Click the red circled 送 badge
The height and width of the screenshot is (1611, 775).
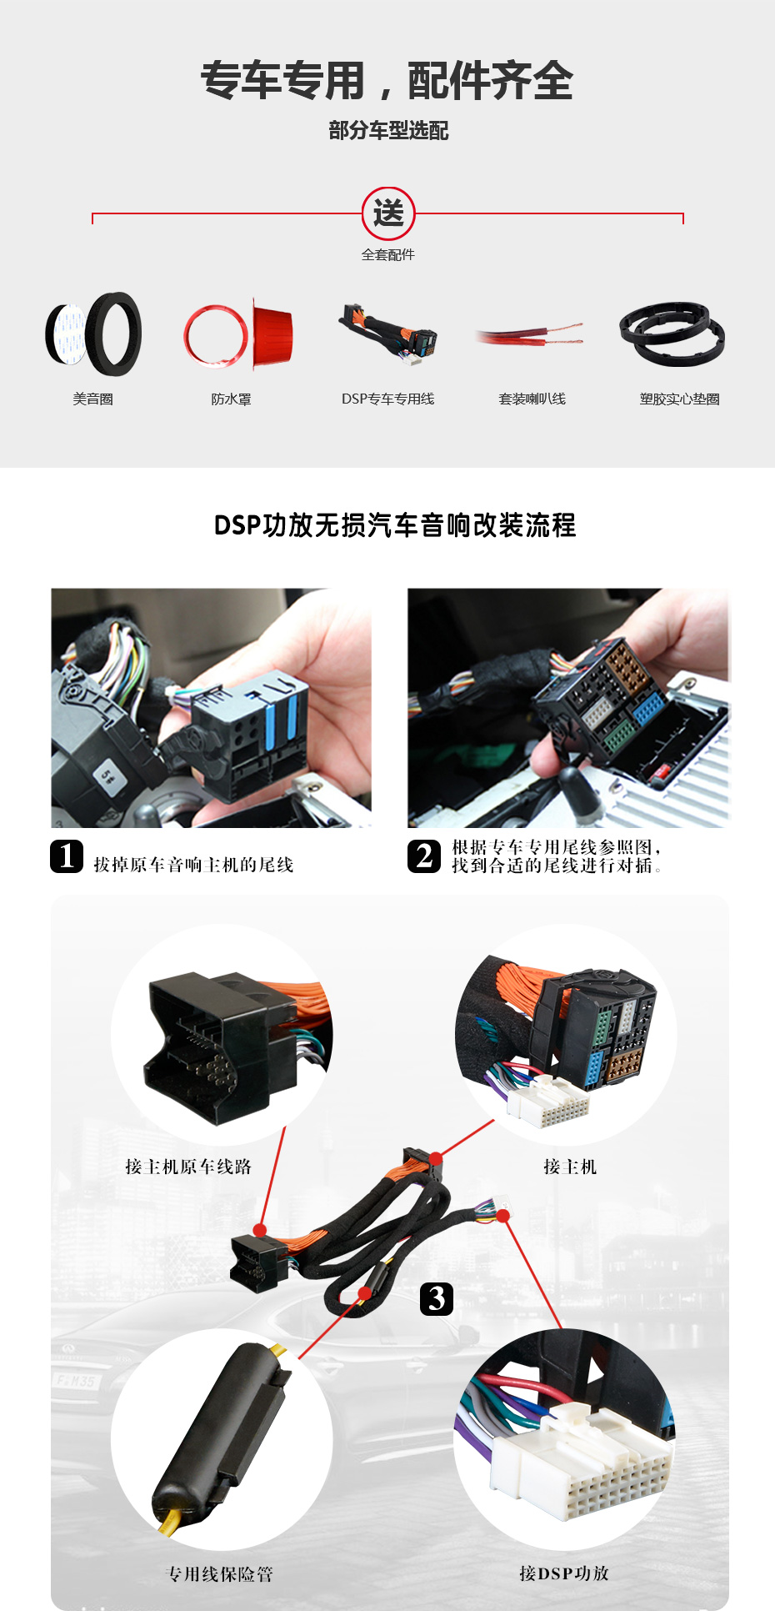pyautogui.click(x=387, y=213)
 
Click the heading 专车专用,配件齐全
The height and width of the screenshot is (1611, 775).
pyautogui.click(x=387, y=81)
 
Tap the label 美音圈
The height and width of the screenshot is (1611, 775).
pyautogui.click(x=92, y=399)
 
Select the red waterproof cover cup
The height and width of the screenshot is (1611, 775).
pyautogui.click(x=272, y=334)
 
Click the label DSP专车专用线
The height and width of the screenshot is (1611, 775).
pyautogui.click(x=387, y=399)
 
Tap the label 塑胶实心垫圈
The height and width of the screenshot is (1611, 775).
pyautogui.click(x=679, y=399)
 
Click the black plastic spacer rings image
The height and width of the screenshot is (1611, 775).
pyautogui.click(x=672, y=334)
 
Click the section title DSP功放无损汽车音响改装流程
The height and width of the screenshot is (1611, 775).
pyautogui.click(x=395, y=525)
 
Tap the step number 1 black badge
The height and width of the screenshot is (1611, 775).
pyautogui.click(x=67, y=856)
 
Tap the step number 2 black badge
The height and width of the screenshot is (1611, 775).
pyautogui.click(x=424, y=856)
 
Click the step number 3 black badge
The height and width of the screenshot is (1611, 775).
pyautogui.click(x=437, y=1298)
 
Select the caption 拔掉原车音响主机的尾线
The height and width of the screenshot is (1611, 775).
pyautogui.click(x=193, y=865)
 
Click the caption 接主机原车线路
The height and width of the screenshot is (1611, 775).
pyautogui.click(x=188, y=1167)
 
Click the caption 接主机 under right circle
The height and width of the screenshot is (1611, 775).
pyautogui.click(x=570, y=1167)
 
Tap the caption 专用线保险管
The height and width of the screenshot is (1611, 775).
pyautogui.click(x=220, y=1573)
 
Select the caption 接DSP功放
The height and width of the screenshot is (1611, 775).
pyautogui.click(x=564, y=1573)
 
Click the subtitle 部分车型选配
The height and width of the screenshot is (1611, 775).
pyautogui.click(x=388, y=130)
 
